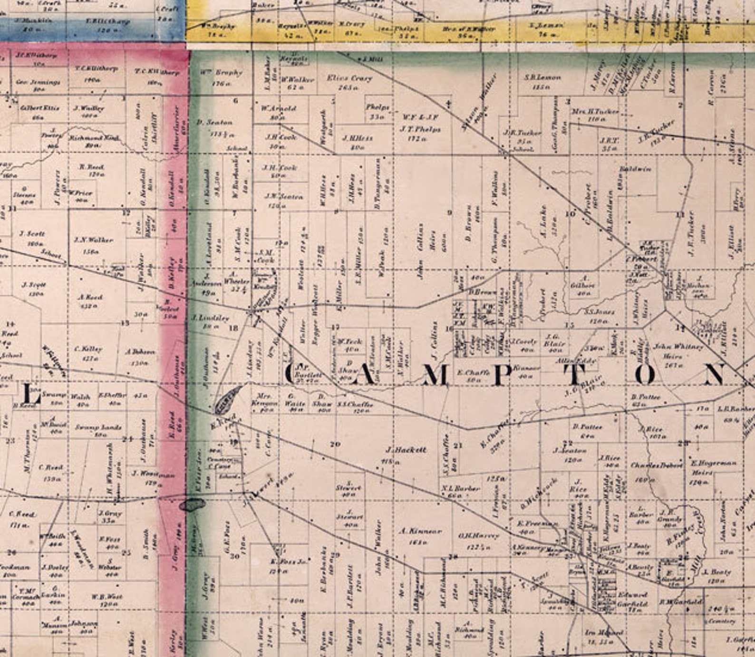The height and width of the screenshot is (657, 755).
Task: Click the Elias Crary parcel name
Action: (349, 78)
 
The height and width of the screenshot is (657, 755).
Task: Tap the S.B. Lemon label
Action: (542, 77)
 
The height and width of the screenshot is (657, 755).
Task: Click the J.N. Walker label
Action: (93, 240)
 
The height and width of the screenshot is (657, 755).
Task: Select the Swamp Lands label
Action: (98, 427)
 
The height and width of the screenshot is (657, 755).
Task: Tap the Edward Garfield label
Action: (632, 599)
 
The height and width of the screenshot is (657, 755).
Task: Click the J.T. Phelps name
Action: (420, 129)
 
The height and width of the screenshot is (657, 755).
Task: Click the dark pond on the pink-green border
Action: (192, 505)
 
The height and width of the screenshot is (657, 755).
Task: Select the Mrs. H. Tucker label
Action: (595, 111)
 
